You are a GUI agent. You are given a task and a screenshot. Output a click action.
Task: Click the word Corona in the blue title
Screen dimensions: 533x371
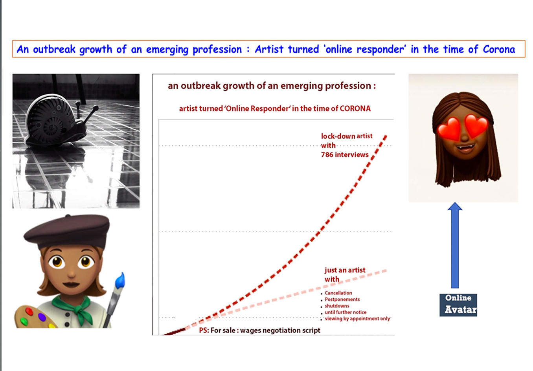point(499,49)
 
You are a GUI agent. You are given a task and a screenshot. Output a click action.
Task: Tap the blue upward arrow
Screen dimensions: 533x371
point(455,245)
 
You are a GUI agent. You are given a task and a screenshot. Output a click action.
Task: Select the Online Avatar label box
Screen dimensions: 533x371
point(458,305)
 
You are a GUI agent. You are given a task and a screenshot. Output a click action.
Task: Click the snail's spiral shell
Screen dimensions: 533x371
point(52,121)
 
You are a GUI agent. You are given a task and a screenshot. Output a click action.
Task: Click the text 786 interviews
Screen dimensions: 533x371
point(345,155)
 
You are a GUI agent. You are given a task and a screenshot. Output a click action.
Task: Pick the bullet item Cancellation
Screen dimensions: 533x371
point(338,293)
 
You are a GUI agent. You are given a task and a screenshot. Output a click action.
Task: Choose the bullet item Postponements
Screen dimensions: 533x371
point(342,299)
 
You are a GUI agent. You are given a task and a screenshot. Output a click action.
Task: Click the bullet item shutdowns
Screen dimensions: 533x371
point(337,306)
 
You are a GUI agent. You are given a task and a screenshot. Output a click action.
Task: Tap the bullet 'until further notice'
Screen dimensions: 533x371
point(346,312)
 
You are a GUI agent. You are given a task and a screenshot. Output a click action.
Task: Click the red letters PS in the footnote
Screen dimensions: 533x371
point(204,330)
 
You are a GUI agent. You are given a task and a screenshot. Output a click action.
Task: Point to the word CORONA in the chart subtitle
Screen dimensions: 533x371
point(355,108)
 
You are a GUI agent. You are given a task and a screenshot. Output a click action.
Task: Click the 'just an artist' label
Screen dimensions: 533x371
point(345,270)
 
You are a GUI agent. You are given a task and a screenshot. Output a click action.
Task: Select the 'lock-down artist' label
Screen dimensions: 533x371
point(347,136)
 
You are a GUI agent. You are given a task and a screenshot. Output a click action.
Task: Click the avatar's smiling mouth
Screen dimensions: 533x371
point(465,148)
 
